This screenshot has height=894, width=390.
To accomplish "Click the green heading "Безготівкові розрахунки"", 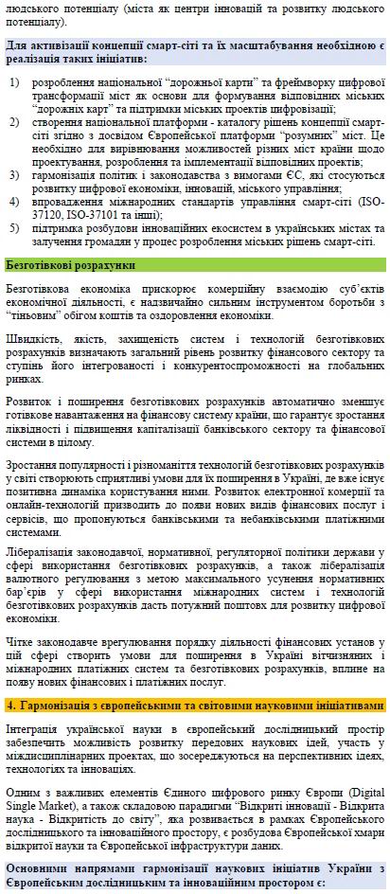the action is coord(71,264).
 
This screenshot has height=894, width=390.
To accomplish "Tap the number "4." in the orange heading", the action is coord(12,705).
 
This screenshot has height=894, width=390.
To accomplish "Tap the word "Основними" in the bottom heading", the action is coord(39,870).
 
